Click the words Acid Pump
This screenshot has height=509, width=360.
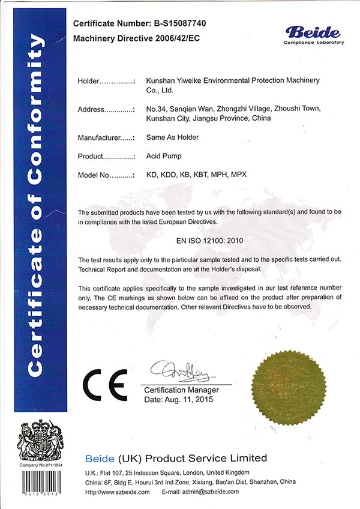pos(164,157)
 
